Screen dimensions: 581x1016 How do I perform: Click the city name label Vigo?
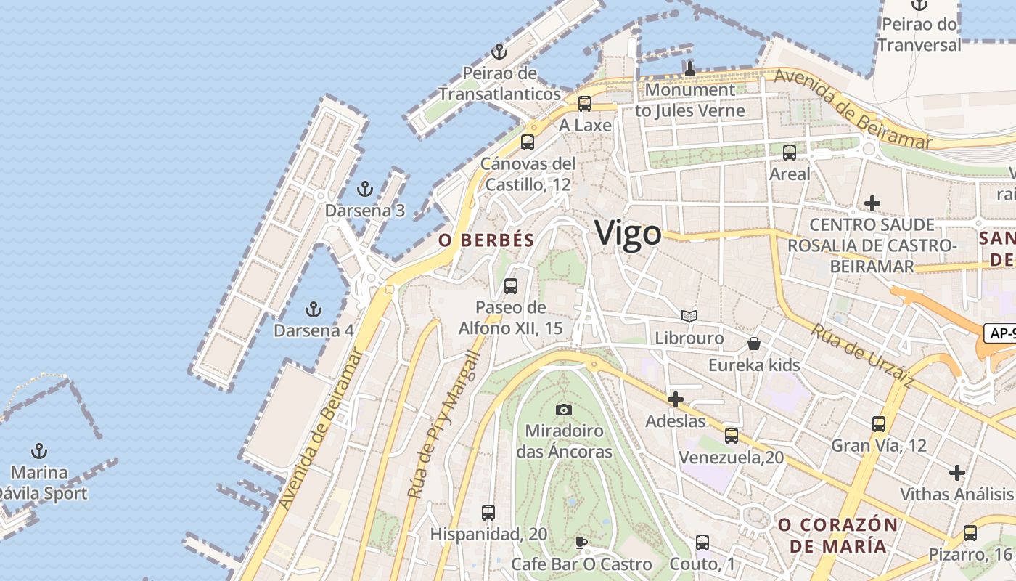click(x=628, y=233)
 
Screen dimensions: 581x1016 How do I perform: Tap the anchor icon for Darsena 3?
click(x=365, y=190)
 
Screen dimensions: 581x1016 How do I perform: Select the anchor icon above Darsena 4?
click(x=314, y=309)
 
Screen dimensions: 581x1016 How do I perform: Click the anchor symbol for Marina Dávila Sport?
click(x=40, y=451)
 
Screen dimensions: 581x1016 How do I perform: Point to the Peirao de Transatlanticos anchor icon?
click(x=499, y=52)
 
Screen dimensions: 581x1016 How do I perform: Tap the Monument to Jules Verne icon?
click(x=689, y=69)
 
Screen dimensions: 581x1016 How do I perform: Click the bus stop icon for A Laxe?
click(x=585, y=104)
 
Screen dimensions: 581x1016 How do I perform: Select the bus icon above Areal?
click(x=790, y=153)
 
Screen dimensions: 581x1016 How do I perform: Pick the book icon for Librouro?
click(x=689, y=317)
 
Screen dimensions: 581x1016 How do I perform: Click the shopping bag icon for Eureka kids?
click(x=754, y=343)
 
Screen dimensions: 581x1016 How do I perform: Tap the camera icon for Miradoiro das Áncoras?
click(x=564, y=410)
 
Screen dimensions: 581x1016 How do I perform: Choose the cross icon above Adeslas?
click(x=676, y=399)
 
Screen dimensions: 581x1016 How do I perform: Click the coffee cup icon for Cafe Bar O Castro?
click(x=581, y=543)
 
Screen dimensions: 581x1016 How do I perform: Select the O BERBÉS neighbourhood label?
click(x=487, y=240)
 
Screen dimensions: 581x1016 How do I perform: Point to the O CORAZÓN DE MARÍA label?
click(x=837, y=535)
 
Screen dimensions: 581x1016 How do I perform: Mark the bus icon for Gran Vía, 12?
click(x=879, y=423)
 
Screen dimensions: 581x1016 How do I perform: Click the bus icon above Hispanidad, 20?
click(x=488, y=513)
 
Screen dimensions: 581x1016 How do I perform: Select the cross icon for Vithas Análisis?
click(x=957, y=473)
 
